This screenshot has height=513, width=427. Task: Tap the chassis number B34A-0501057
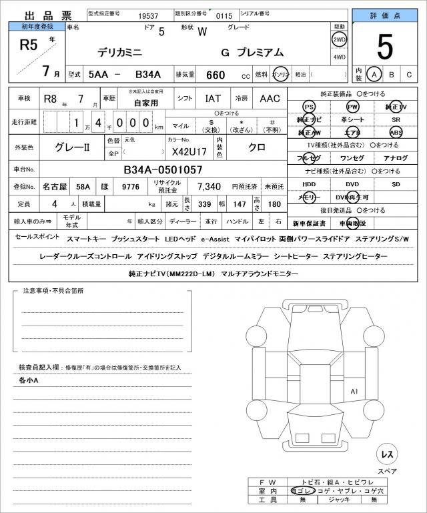(163, 169)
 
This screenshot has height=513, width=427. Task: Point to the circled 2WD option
(339, 39)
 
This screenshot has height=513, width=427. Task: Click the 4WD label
(339, 57)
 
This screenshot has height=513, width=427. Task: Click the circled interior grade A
(375, 75)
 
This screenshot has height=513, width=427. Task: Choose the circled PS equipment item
(309, 107)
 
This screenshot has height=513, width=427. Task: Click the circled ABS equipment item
(396, 132)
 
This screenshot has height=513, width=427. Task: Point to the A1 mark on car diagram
(354, 391)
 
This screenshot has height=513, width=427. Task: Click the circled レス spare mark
(386, 454)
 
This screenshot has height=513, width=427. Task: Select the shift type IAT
(213, 99)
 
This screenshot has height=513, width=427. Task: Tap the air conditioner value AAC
(270, 99)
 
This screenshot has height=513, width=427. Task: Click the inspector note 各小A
(29, 380)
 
